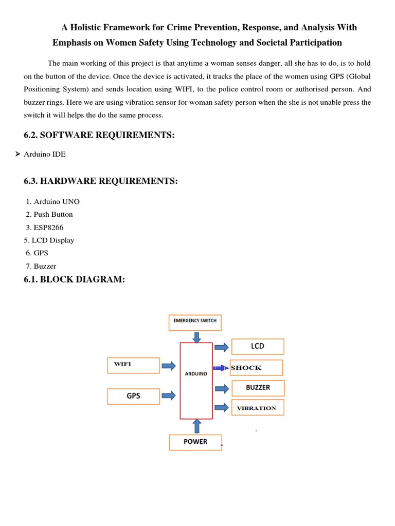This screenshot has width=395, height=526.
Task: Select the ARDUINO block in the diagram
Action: pyautogui.click(x=196, y=381)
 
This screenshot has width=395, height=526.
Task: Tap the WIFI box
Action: pyautogui.click(x=133, y=365)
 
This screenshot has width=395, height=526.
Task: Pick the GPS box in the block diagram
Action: pyautogui.click(x=133, y=396)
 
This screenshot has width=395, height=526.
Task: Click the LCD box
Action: pyautogui.click(x=257, y=347)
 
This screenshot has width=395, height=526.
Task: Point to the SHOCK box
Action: pyautogui.click(x=256, y=368)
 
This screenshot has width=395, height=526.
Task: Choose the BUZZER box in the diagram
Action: pyautogui.click(x=258, y=388)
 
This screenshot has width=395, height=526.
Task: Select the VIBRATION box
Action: pyautogui.click(x=257, y=408)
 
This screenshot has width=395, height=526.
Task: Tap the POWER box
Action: pyautogui.click(x=195, y=442)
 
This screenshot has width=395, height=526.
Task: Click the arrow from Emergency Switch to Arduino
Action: pyautogui.click(x=196, y=336)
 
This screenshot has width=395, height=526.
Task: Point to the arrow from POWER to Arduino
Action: pyautogui.click(x=196, y=426)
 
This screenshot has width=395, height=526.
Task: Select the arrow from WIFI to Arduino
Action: pyautogui.click(x=169, y=365)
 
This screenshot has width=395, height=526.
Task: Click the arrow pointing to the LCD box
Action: pyautogui.click(x=222, y=347)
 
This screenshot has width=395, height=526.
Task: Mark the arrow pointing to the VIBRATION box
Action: pyautogui.click(x=222, y=407)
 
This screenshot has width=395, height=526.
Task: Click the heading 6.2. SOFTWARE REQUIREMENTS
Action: pyautogui.click(x=99, y=135)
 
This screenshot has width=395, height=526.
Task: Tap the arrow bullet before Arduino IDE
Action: pyautogui.click(x=17, y=154)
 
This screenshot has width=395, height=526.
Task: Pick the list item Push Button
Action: pyautogui.click(x=53, y=214)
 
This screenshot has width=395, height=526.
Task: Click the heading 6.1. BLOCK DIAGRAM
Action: pyautogui.click(x=75, y=279)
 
